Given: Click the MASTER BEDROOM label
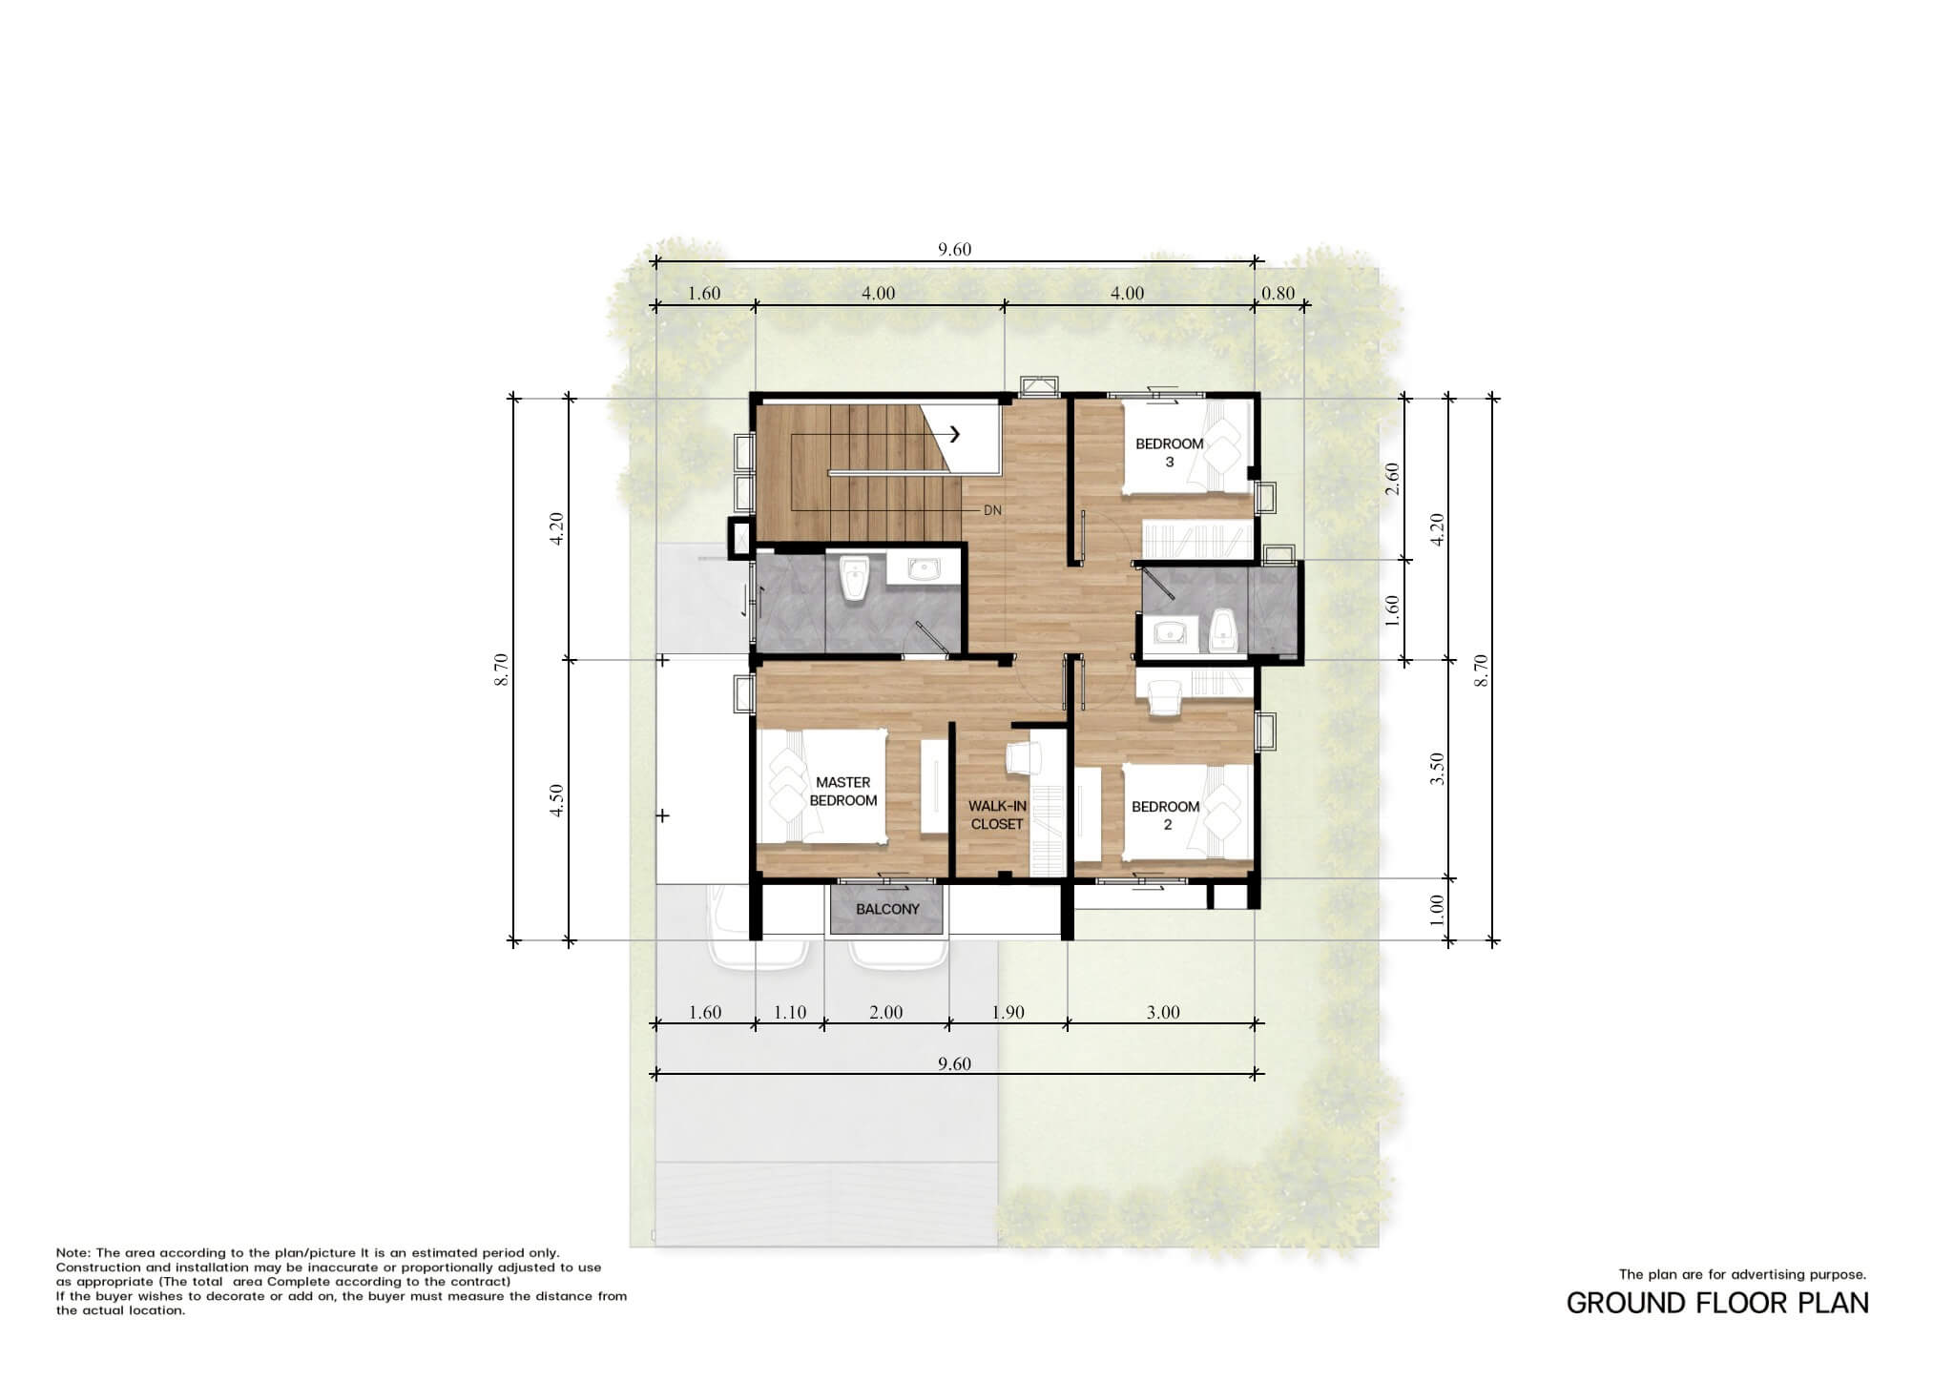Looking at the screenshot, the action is pyautogui.click(x=843, y=792).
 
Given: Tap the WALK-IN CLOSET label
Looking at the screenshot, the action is pyautogui.click(x=997, y=815).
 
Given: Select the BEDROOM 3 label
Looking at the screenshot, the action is pyautogui.click(x=1170, y=453).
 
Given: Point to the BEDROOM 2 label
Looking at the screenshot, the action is pyautogui.click(x=1166, y=815).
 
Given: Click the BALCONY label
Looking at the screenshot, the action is pyautogui.click(x=887, y=909).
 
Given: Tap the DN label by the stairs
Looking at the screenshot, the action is pyautogui.click(x=992, y=510).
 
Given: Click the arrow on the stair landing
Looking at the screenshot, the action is pyautogui.click(x=954, y=434).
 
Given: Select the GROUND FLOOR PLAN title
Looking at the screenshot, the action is pyautogui.click(x=1717, y=1303).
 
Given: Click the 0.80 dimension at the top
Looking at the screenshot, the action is pyautogui.click(x=1278, y=293).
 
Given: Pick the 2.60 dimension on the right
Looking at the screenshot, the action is pyautogui.click(x=1392, y=479).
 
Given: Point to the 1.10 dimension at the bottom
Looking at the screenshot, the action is pyautogui.click(x=790, y=1012).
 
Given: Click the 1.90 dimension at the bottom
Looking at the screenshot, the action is pyautogui.click(x=1008, y=1012).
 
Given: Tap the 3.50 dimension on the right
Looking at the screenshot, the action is pyautogui.click(x=1438, y=769).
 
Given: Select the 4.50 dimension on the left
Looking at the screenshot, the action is pyautogui.click(x=557, y=800).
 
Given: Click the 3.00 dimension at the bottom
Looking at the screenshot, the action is pyautogui.click(x=1163, y=1012).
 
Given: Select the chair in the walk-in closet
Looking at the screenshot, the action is pyautogui.click(x=1024, y=757).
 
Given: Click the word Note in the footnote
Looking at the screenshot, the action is pyautogui.click(x=73, y=1253).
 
